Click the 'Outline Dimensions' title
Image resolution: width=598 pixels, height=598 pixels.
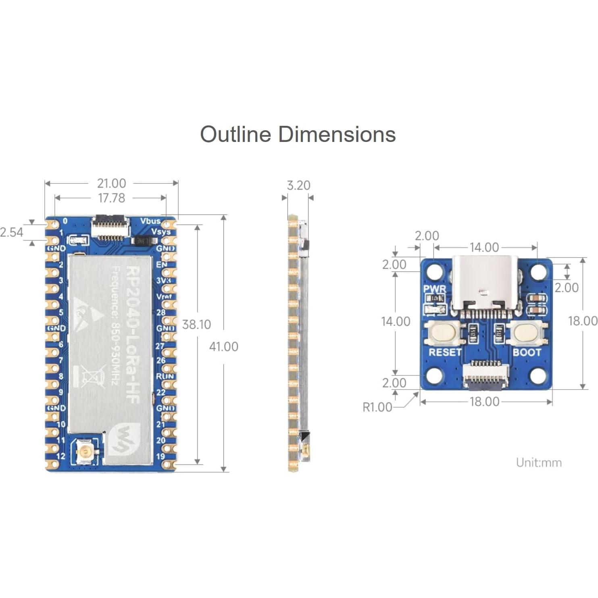[x=298, y=134]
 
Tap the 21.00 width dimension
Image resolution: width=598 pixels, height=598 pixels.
[x=111, y=183]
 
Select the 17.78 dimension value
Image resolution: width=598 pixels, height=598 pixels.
[x=111, y=198]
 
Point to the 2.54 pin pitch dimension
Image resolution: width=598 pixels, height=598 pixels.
[x=12, y=232]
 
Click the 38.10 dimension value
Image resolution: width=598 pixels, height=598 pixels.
[x=196, y=324]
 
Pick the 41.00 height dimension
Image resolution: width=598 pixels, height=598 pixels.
[x=223, y=346]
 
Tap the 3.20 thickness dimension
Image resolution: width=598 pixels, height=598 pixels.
[x=298, y=185]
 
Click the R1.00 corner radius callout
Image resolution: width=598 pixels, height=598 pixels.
[x=377, y=407]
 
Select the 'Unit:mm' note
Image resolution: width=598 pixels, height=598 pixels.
[x=539, y=462]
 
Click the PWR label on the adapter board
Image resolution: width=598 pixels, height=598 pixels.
[x=435, y=289]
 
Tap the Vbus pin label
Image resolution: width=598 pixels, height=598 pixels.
[x=150, y=221]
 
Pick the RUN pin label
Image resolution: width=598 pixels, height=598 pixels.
[x=165, y=376]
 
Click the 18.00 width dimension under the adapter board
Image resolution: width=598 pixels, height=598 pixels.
[x=484, y=402]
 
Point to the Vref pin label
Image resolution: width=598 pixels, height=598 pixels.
[x=164, y=296]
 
